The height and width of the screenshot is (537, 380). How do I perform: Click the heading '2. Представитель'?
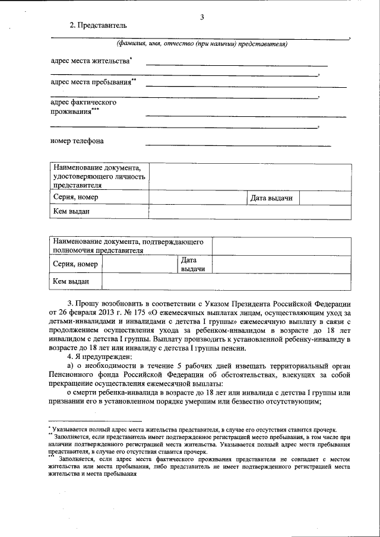pyautogui.click(x=98, y=25)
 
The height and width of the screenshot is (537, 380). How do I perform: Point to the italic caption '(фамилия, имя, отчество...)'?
pyautogui.click(x=201, y=45)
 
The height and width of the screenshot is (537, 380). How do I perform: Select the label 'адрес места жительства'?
pyautogui.click(x=90, y=61)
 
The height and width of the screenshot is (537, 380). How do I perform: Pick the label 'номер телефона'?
pyautogui.click(x=77, y=141)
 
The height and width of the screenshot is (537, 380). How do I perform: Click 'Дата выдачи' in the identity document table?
pyautogui.click(x=271, y=198)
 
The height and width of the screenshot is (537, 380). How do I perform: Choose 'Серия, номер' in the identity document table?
pyautogui.click(x=75, y=198)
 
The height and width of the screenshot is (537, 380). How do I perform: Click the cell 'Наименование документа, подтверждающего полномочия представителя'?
pyautogui.click(x=128, y=246)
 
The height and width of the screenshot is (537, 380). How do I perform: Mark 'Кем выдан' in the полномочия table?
pyautogui.click(x=71, y=281)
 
